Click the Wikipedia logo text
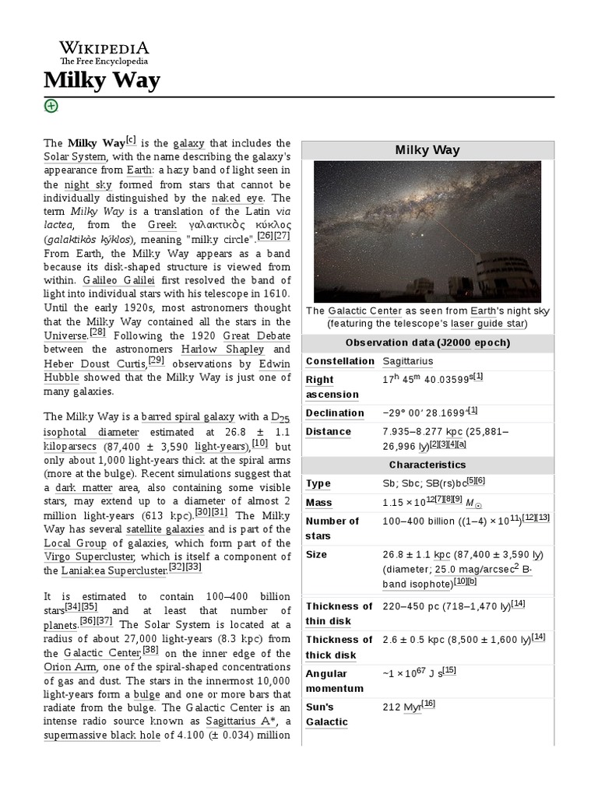point(104,47)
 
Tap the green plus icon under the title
point(51,106)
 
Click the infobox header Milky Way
point(427,150)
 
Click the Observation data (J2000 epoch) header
point(427,343)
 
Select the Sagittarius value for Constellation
point(408,361)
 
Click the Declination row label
point(335,413)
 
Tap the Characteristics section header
point(427,465)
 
